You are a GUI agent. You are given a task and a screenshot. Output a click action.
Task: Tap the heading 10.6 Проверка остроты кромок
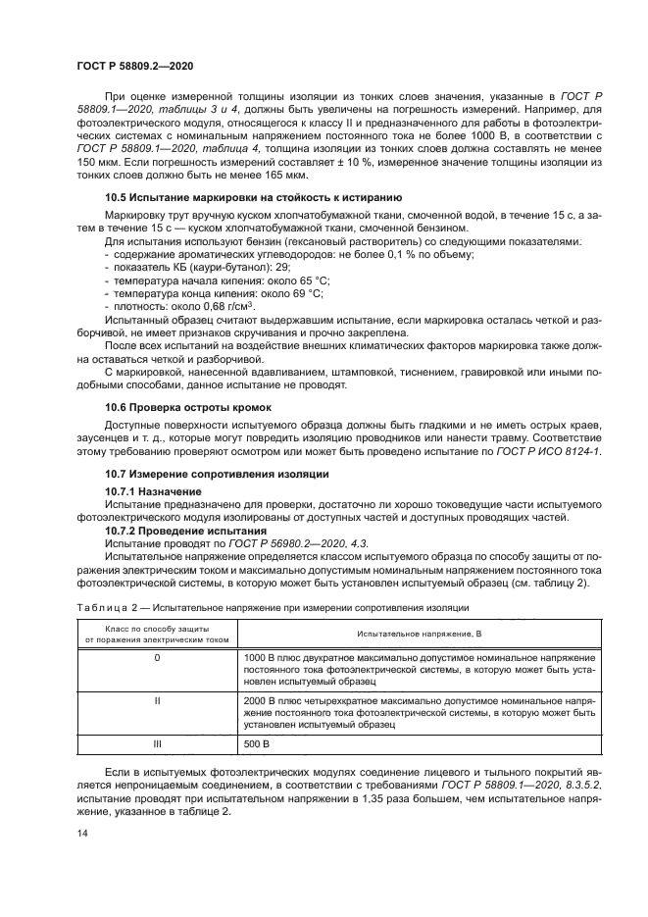point(187,406)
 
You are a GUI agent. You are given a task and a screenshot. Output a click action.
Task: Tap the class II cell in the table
point(157,701)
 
